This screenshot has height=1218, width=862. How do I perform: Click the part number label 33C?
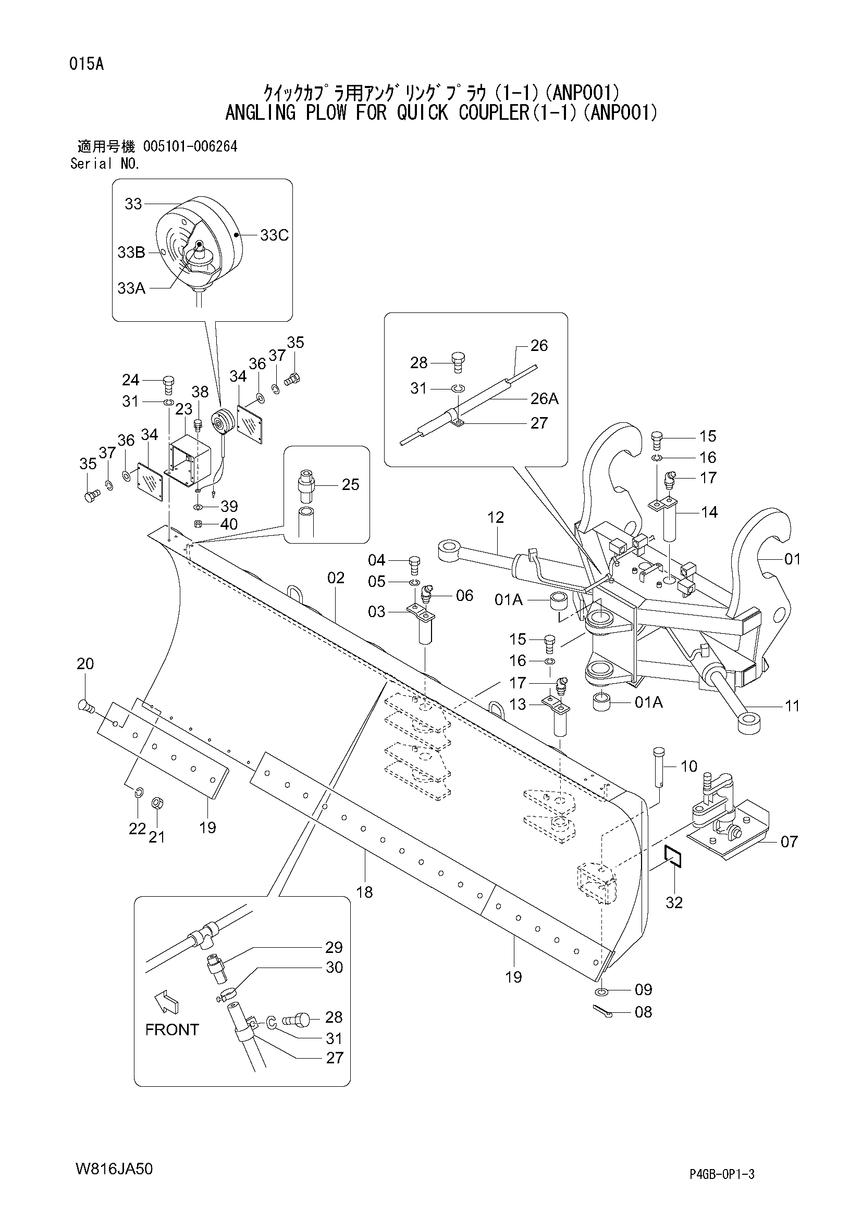[275, 235]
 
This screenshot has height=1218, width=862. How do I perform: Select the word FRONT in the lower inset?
[172, 1029]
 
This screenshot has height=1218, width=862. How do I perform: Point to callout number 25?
[351, 484]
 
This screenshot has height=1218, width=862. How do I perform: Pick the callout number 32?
[674, 902]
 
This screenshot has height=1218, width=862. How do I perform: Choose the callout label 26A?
[544, 398]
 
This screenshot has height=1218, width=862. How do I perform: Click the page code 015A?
[87, 64]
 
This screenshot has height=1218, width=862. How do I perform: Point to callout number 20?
[85, 663]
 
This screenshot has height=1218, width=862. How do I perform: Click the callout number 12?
[496, 517]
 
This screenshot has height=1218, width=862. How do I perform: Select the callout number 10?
[689, 766]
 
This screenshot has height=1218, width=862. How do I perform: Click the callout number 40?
[229, 524]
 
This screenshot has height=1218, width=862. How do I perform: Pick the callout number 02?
[336, 577]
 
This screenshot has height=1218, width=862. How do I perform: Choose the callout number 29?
[335, 947]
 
